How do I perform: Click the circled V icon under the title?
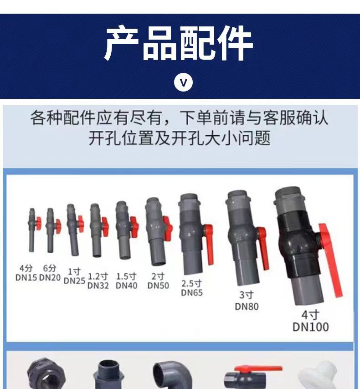[184, 82]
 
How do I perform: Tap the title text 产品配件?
[179, 44]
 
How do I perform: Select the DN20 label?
[50, 277]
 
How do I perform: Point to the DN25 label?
[74, 281]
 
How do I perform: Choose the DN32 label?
[98, 286]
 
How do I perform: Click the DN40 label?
[126, 286]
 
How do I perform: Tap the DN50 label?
[158, 286]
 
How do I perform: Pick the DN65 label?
[192, 292]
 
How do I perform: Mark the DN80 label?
[247, 306]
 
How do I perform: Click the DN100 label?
[310, 327]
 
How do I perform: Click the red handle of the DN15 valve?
[39, 223]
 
